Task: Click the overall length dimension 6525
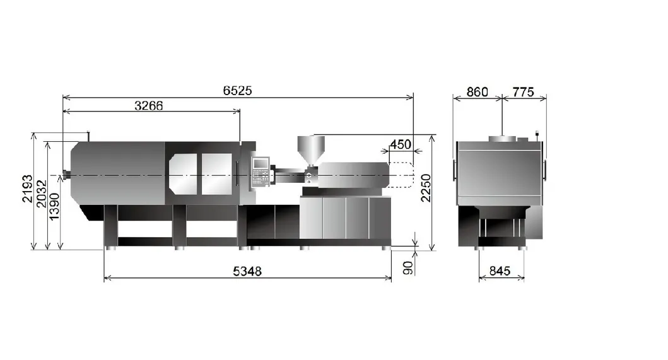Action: (x=237, y=90)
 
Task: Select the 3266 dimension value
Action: (x=149, y=105)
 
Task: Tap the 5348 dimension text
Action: (x=247, y=271)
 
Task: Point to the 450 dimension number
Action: (x=401, y=144)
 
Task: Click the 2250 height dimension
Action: (x=426, y=188)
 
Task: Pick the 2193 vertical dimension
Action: (x=27, y=189)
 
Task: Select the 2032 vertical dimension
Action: (x=41, y=194)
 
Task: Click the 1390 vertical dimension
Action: (x=54, y=207)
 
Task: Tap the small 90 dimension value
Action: (x=407, y=268)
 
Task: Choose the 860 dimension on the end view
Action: (x=477, y=92)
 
